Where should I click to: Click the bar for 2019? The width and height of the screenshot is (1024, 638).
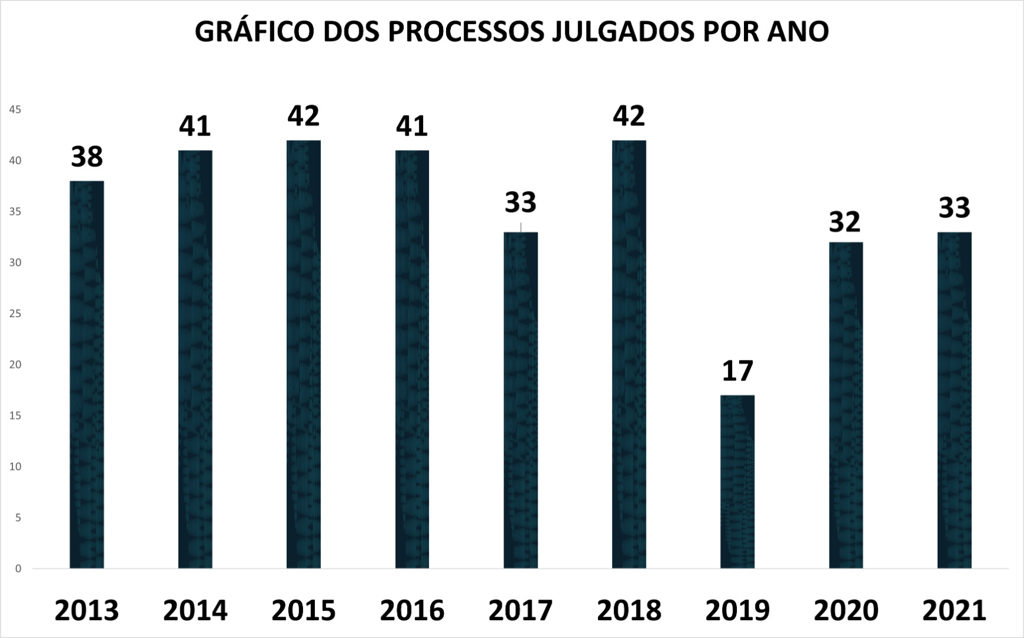click(x=737, y=481)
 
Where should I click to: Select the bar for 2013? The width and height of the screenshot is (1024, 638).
click(x=87, y=375)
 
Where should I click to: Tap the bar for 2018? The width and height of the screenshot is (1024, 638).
click(x=629, y=354)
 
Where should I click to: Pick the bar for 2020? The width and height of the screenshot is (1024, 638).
click(x=846, y=405)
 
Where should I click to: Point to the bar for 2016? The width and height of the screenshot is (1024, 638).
click(x=412, y=359)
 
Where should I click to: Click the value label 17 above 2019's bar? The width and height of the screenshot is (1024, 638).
click(x=737, y=371)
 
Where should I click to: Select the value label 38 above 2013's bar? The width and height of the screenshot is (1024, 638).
click(x=87, y=157)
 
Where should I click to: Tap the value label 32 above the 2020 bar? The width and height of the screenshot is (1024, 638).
click(x=845, y=222)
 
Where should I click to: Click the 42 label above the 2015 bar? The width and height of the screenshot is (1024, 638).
click(x=304, y=116)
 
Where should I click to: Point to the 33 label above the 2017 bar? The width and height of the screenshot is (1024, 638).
click(x=521, y=202)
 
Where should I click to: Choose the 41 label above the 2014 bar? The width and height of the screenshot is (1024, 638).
click(x=195, y=126)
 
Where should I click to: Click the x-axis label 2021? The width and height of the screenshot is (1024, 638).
click(x=954, y=610)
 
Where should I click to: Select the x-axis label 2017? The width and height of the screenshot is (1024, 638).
click(x=521, y=610)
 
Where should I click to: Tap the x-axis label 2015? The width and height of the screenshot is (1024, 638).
click(x=304, y=610)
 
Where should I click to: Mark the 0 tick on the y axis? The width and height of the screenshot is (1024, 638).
click(x=18, y=569)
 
